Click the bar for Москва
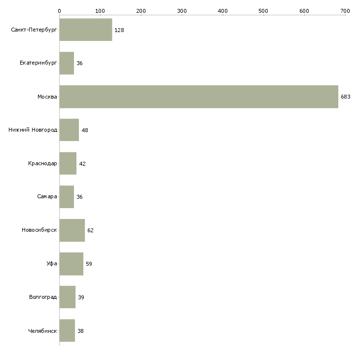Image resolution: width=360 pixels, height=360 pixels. point(199,97)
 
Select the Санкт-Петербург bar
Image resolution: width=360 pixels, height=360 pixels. point(86,30)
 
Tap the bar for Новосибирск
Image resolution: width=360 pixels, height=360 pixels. point(72,230)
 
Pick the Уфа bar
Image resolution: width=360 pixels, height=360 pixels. point(72,264)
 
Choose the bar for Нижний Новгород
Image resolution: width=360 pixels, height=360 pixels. point(69,130)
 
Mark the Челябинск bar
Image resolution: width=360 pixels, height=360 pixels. point(67,331)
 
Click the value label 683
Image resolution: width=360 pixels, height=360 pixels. point(345,97)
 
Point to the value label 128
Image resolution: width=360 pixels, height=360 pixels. point(119,30)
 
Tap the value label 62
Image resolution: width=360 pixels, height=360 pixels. point(90,230)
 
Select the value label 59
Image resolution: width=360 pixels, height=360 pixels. point(89,264)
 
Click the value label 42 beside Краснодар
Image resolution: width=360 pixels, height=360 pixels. point(82,164)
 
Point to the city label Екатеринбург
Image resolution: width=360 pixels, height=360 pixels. point(38,63)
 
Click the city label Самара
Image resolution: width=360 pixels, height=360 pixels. point(47,197)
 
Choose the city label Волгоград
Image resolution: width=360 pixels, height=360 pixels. point(43,297)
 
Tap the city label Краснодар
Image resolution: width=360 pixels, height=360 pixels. point(42,164)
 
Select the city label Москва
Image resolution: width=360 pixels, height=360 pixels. point(47,97)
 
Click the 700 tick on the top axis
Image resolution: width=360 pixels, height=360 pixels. point(345,10)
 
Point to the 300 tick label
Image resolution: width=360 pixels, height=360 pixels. point(182,10)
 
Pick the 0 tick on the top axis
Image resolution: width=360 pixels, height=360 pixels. point(59,10)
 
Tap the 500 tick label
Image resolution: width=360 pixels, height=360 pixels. point(263,10)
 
